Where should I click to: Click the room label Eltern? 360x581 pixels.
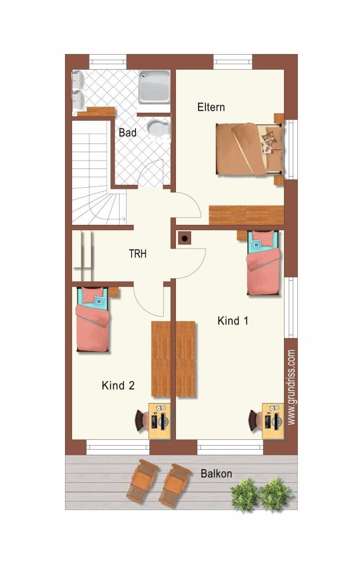[211, 107]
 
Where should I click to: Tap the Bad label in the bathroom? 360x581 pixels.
[127, 132]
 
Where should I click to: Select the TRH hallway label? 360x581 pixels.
[138, 254]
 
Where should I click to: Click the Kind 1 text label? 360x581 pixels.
[233, 321]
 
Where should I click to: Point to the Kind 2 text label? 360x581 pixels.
[118, 385]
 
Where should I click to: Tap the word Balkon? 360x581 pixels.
[217, 474]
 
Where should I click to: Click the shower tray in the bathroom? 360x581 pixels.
[154, 88]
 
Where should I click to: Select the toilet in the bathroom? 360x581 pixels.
[159, 128]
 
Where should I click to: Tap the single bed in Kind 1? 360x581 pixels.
[264, 263]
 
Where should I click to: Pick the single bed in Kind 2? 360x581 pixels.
[92, 319]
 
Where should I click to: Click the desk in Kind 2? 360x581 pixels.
[160, 421]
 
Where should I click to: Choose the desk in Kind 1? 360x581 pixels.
[273, 421]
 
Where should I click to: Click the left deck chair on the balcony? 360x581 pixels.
[143, 480]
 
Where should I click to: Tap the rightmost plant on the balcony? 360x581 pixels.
[276, 494]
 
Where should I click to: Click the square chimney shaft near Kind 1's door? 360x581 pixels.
[185, 238]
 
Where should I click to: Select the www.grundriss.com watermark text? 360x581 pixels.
[291, 387]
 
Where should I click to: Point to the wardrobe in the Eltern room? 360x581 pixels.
[246, 215]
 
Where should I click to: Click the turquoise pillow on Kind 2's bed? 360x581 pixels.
[99, 301]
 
